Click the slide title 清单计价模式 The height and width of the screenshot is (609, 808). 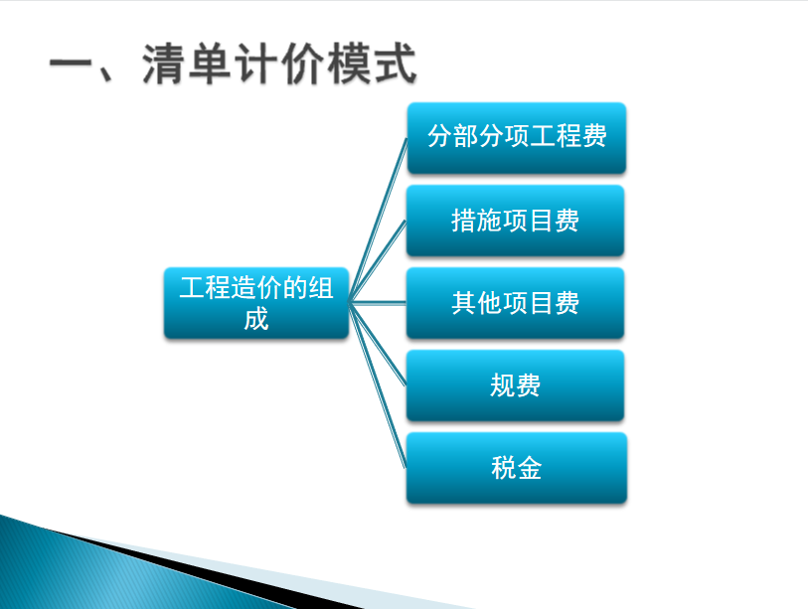pos(279,64)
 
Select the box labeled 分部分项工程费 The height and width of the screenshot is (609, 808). pos(517,137)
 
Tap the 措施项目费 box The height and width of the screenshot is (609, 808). pos(515,221)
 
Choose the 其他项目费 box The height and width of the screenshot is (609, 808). pos(515,303)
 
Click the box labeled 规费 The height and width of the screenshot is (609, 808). pos(515,385)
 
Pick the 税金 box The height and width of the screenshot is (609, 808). pos(517,468)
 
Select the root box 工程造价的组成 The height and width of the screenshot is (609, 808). pos(256,303)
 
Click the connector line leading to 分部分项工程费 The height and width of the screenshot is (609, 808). pos(378,220)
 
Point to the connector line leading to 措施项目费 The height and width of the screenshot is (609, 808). pos(378,261)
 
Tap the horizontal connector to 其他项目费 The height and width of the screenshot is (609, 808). pos(378,303)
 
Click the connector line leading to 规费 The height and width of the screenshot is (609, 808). pos(378,344)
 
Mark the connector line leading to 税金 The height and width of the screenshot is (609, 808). pos(378,385)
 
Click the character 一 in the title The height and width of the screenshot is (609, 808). pos(71,66)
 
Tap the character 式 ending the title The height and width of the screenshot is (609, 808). pos(396,64)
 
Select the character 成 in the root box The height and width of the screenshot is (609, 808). pos(256,319)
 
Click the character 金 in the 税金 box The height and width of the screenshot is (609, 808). pos(529,468)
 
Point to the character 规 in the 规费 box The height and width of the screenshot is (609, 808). pos(503,385)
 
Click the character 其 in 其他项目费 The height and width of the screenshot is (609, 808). pos(464,303)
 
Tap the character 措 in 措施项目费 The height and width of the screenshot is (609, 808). pos(464,221)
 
